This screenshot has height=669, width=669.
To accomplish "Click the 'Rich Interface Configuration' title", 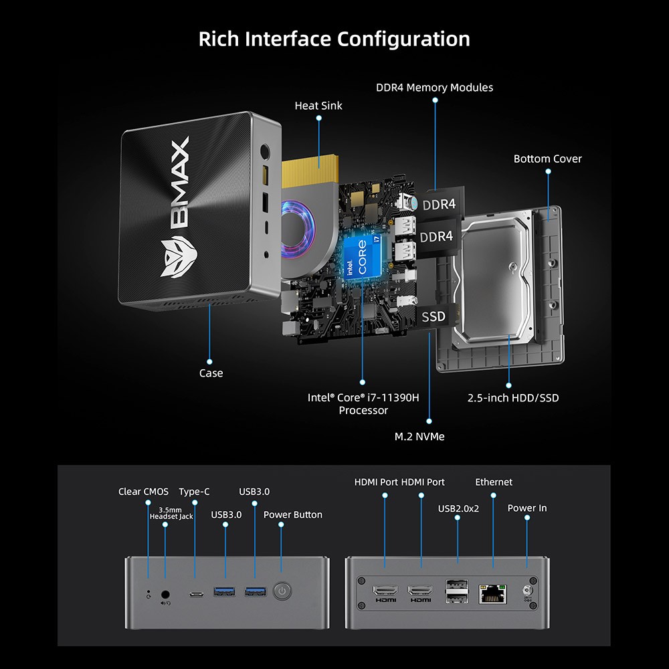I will (334, 39).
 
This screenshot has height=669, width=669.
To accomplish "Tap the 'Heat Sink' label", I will (318, 106).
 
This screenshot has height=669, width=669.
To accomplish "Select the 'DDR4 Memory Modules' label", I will (434, 88).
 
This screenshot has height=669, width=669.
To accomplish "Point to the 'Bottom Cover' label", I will (547, 159).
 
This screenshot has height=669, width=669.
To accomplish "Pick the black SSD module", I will (433, 316).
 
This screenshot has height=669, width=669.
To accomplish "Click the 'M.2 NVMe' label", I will (419, 436).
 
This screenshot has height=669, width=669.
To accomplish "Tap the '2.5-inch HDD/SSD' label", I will (512, 398).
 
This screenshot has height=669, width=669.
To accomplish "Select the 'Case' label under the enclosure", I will (211, 373).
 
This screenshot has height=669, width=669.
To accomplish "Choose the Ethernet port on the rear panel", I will (493, 591).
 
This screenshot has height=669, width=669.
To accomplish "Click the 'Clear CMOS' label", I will (143, 492).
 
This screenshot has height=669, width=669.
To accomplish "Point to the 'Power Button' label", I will (292, 514).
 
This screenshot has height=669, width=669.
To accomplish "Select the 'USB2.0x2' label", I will (459, 508).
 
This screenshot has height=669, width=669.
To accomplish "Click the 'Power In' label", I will (527, 508).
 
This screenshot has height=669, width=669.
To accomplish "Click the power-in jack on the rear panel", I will (527, 591).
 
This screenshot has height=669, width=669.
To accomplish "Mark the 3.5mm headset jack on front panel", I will (165, 593).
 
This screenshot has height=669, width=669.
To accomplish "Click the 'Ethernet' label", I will (494, 482).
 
